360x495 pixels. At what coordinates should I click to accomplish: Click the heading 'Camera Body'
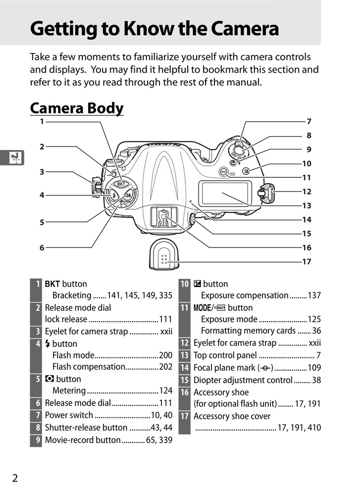[77, 107]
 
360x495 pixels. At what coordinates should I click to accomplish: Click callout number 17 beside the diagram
[307, 262]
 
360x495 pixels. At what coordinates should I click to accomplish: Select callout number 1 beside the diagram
[42, 121]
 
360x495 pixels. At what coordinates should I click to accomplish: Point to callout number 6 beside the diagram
[42, 247]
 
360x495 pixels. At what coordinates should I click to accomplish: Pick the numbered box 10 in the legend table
[184, 284]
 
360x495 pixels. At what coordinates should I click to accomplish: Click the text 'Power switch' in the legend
[69, 415]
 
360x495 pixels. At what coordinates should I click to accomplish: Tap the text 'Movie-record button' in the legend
[83, 440]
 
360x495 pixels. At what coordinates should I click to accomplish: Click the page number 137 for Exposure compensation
[314, 296]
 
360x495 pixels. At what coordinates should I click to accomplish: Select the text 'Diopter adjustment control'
[243, 380]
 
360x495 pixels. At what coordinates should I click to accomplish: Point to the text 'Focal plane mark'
[225, 368]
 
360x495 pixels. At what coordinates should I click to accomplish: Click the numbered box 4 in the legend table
[36, 344]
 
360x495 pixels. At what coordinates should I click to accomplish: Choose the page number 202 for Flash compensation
[165, 367]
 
